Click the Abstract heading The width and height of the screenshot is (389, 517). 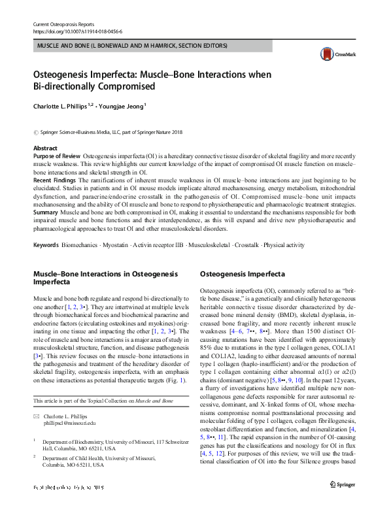pos(45,149)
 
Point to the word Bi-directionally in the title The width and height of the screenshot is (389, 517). pos(65,86)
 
